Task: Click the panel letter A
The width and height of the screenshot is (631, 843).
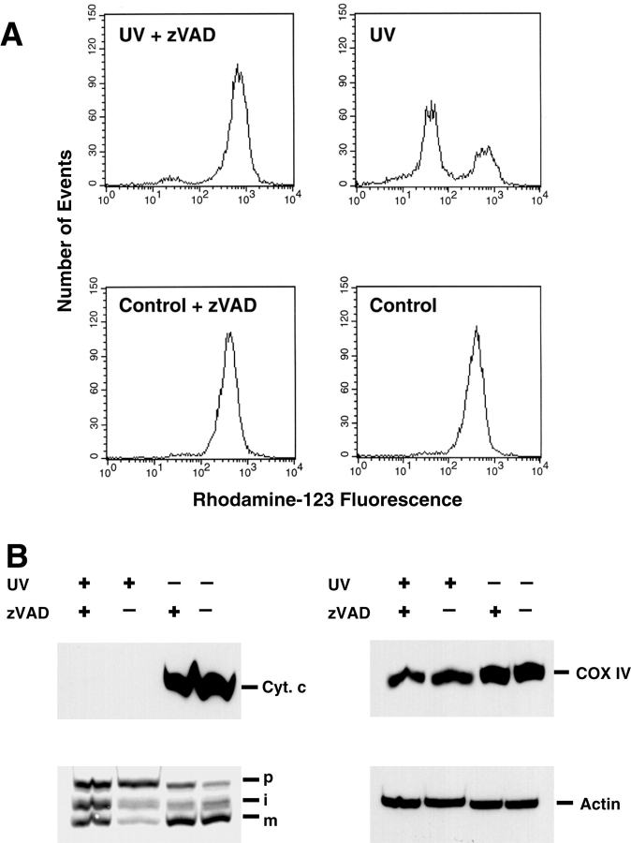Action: pyautogui.click(x=15, y=35)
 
